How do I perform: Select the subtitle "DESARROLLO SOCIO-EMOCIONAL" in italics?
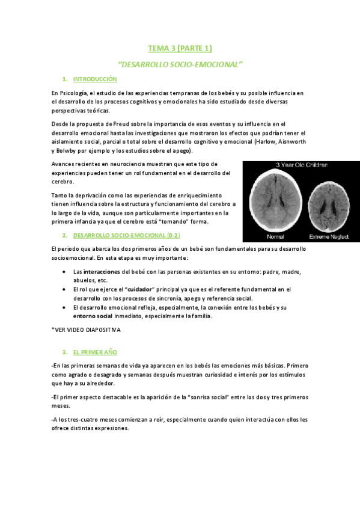click(x=180, y=63)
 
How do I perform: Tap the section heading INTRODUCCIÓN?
click(x=94, y=79)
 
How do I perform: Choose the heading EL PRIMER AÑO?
click(x=95, y=351)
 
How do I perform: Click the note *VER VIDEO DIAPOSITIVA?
click(x=86, y=330)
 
